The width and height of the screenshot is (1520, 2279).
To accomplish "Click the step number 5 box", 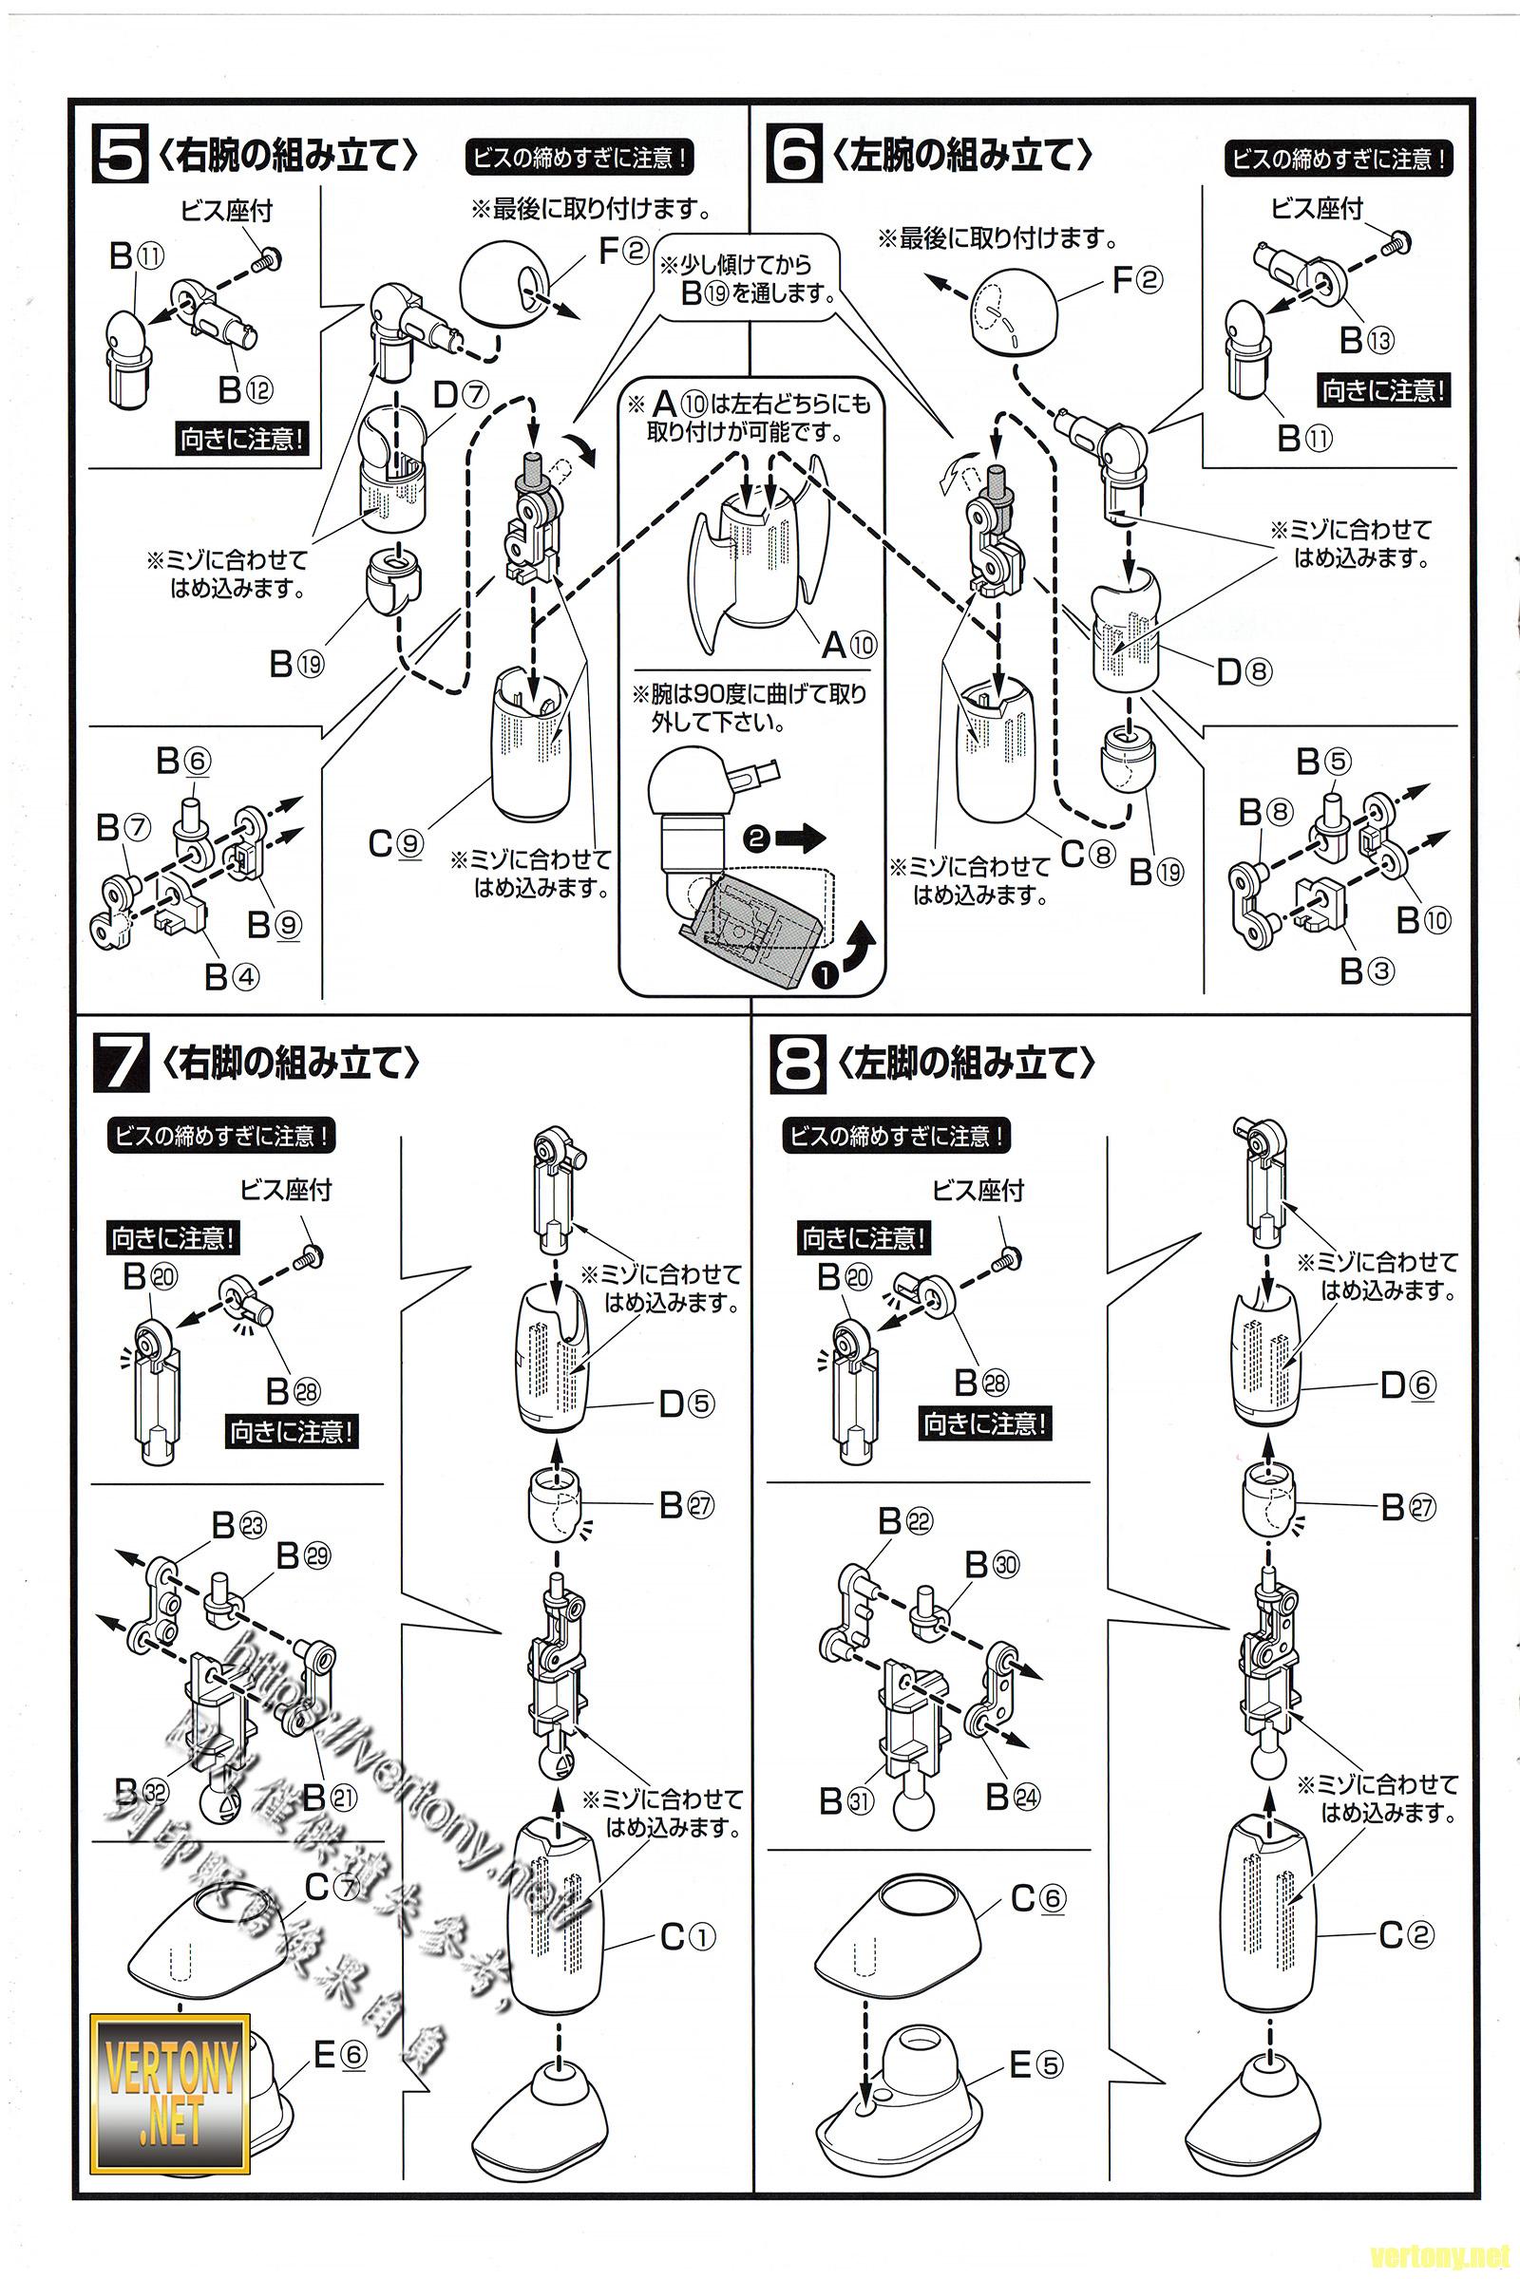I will click(120, 154).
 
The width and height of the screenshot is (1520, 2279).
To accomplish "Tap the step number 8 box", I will click(797, 1063).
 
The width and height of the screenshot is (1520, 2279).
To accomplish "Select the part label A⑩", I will click(848, 644).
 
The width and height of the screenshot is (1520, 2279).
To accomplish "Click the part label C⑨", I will click(395, 844).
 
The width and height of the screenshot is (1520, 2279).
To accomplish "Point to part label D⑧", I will click(1244, 671).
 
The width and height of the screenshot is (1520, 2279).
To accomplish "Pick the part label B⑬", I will click(1367, 340).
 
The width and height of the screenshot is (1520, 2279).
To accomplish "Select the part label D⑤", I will click(686, 1404).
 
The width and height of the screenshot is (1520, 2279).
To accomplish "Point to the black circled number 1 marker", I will click(824, 975).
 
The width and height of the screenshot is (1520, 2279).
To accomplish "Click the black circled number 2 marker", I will click(757, 838).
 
